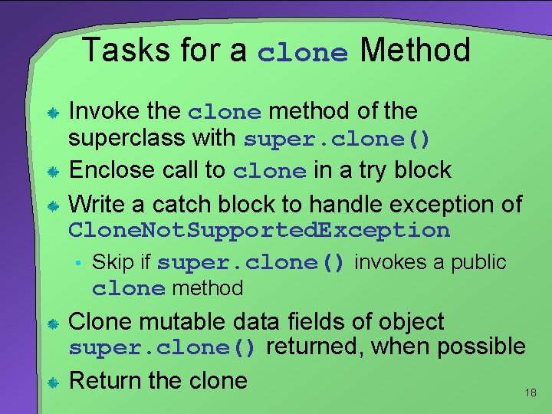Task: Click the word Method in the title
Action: pyautogui.click(x=415, y=51)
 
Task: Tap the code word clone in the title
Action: pyautogui.click(x=303, y=53)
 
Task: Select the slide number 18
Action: pyautogui.click(x=531, y=393)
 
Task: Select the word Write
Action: pyautogui.click(x=96, y=205)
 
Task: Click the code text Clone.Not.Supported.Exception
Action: pyautogui.click(x=259, y=230)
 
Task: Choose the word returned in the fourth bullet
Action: pyautogui.click(x=315, y=347)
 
